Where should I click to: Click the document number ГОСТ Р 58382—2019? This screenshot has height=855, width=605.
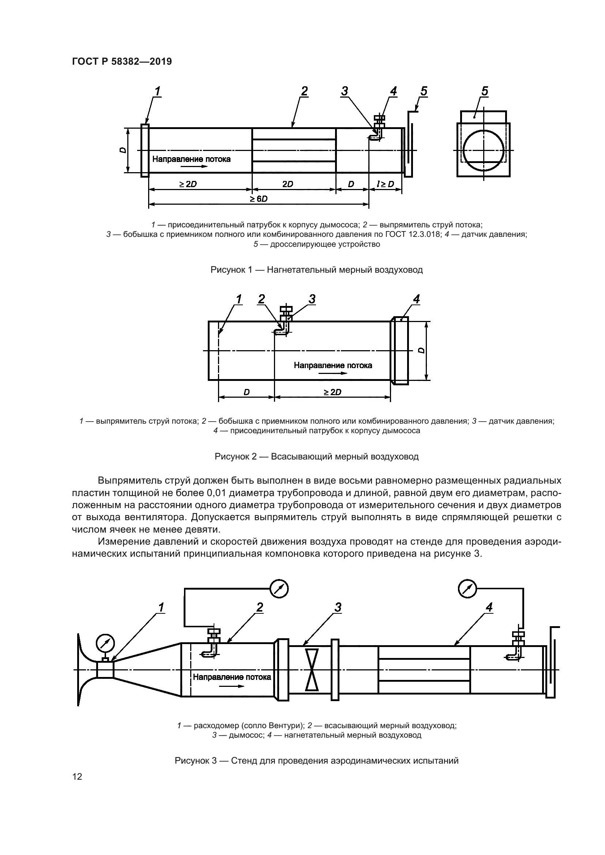(x=122, y=61)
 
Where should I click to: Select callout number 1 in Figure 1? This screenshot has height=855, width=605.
(x=158, y=91)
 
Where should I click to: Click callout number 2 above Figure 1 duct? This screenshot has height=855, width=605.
(x=304, y=91)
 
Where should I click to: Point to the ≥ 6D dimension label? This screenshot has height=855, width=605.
(x=259, y=199)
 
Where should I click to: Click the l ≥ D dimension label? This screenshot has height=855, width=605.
(x=385, y=184)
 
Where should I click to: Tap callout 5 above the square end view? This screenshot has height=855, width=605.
(x=485, y=91)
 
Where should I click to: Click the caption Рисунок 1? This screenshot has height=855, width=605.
(x=316, y=270)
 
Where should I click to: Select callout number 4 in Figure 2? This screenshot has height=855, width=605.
(x=416, y=299)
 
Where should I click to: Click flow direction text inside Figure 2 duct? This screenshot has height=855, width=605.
(x=332, y=365)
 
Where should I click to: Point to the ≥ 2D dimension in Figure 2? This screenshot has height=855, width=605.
(x=332, y=392)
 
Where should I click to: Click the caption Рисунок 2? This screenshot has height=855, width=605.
(x=316, y=457)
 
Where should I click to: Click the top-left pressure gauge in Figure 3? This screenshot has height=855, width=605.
(x=279, y=589)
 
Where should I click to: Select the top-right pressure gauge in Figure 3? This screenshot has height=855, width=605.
(x=467, y=589)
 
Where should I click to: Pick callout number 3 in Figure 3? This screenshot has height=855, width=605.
(x=338, y=608)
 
